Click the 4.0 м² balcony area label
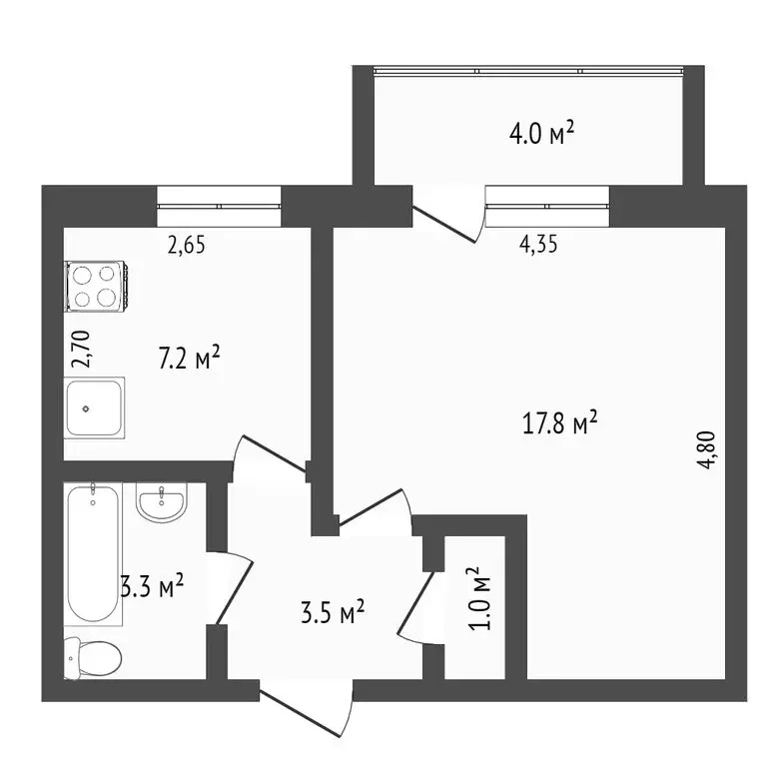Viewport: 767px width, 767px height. (x=542, y=133)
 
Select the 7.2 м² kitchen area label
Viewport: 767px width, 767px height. (x=189, y=358)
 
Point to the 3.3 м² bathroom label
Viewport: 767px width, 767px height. (x=152, y=587)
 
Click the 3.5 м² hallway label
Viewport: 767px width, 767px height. (x=333, y=608)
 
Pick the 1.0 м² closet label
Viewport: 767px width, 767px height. (x=480, y=598)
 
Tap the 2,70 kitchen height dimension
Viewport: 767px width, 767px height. (x=85, y=352)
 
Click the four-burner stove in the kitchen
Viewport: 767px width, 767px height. (x=96, y=286)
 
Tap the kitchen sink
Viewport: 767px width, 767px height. (x=95, y=408)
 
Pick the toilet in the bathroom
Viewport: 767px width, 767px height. (x=92, y=657)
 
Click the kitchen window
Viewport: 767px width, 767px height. (x=220, y=206)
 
